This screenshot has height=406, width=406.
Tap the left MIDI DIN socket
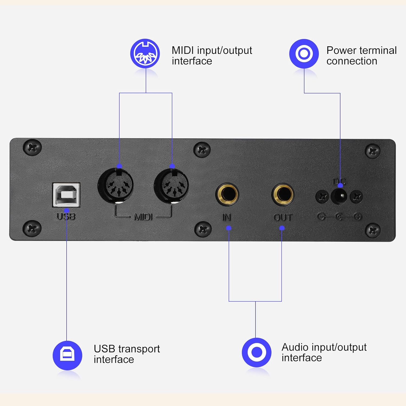[116, 185]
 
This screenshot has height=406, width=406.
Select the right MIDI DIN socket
[172, 185]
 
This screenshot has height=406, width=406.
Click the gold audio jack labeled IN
[227, 194]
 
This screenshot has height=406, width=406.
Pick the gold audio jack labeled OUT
[283, 194]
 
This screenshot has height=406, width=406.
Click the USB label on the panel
[66, 217]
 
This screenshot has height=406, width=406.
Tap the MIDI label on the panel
[143, 217]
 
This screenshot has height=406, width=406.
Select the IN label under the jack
[227, 217]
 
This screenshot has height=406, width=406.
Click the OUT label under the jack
[283, 217]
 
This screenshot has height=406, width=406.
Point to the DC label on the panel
[339, 181]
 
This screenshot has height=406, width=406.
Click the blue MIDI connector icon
[145, 54]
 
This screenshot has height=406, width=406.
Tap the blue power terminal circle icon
[304, 54]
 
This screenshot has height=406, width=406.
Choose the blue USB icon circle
[67, 355]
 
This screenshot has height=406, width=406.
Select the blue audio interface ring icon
[257, 352]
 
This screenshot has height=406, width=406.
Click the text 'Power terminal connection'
[361, 56]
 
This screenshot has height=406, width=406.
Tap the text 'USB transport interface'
[127, 354]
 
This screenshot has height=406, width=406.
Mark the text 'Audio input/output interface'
[324, 352]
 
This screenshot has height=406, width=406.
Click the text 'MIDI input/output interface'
[212, 56]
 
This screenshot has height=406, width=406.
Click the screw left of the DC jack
[322, 196]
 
